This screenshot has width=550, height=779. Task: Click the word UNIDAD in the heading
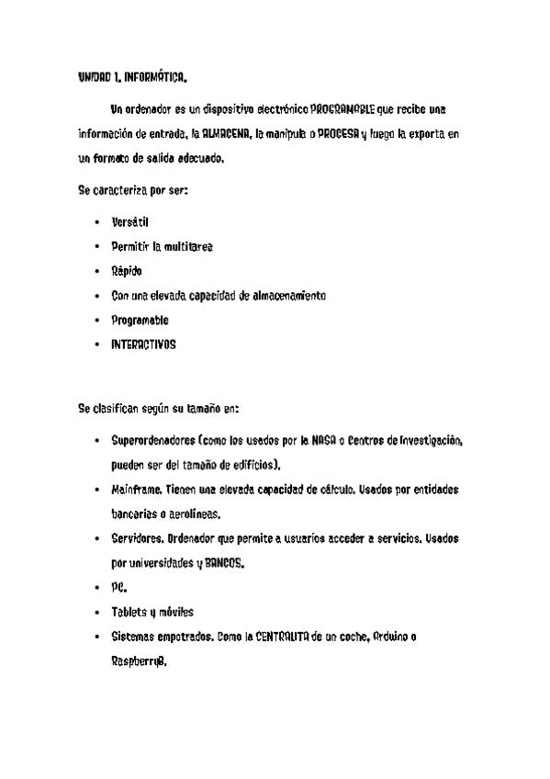(x=93, y=78)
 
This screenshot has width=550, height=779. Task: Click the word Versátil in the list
(x=129, y=222)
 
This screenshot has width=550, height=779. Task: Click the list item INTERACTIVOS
(x=142, y=345)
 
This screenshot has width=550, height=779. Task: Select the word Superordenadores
(x=151, y=442)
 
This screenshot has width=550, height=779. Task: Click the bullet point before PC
(x=96, y=588)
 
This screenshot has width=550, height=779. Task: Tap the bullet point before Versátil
(x=96, y=223)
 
